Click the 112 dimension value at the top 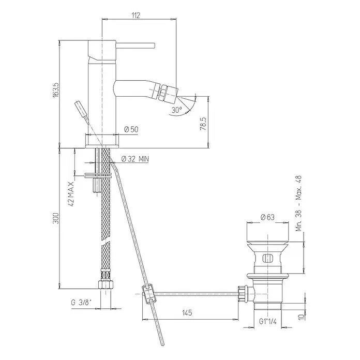pyautogui.click(x=136, y=16)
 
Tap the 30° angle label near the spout pyautogui.click(x=176, y=110)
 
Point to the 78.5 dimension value pyautogui.click(x=203, y=124)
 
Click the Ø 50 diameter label pyautogui.click(x=131, y=129)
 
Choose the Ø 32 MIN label pyautogui.click(x=135, y=159)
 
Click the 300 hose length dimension pyautogui.click(x=56, y=218)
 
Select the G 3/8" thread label pyautogui.click(x=81, y=303)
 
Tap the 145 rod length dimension pyautogui.click(x=187, y=312)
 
